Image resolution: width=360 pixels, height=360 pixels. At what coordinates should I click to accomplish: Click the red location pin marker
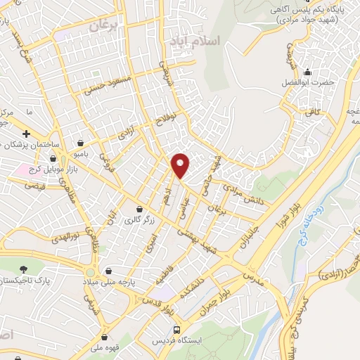[x=181, y=165]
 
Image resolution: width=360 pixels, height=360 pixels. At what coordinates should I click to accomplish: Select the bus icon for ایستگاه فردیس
[x=176, y=329]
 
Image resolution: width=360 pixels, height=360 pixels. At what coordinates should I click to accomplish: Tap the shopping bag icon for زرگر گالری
[x=140, y=210]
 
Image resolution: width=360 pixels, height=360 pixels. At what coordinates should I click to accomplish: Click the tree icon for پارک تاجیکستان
[x=25, y=269]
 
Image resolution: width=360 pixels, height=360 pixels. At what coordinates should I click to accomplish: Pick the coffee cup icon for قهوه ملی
[x=105, y=336]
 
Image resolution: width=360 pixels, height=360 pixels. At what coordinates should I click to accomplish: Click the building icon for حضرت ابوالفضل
[x=307, y=72]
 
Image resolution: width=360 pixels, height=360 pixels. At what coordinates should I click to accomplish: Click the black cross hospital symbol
[x=26, y=134]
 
